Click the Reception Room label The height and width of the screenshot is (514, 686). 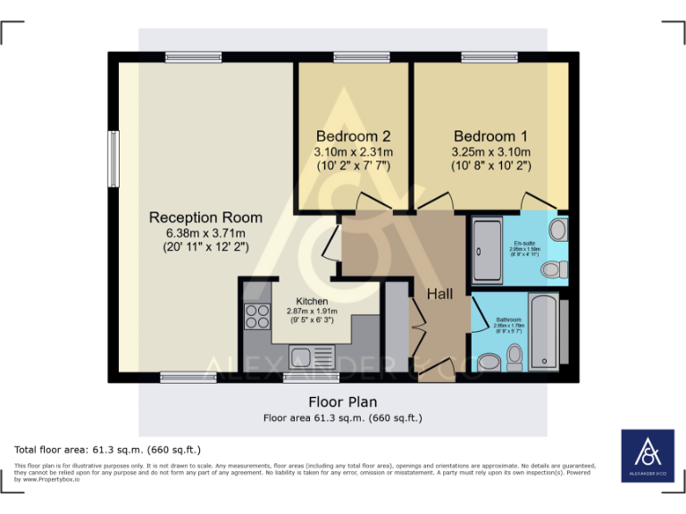click(205, 217)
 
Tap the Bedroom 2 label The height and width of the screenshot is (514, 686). click(353, 137)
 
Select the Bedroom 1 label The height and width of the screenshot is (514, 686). click(490, 137)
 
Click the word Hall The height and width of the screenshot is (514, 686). click(439, 294)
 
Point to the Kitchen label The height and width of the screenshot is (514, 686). click(312, 301)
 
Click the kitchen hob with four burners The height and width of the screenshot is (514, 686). click(257, 316)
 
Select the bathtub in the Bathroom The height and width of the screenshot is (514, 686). click(542, 331)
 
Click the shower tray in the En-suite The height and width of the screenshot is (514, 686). click(488, 251)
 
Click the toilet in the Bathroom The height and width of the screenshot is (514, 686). click(514, 358)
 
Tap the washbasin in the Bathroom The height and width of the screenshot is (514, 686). click(489, 363)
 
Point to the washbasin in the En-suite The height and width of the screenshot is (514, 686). click(557, 229)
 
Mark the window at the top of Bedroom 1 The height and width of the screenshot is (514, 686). click(489, 57)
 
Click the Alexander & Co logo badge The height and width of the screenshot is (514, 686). click(648, 456)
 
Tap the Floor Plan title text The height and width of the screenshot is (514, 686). click(342, 401)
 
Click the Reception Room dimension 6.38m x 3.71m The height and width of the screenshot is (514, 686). click(205, 233)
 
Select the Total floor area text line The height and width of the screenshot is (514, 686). click(108, 450)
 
